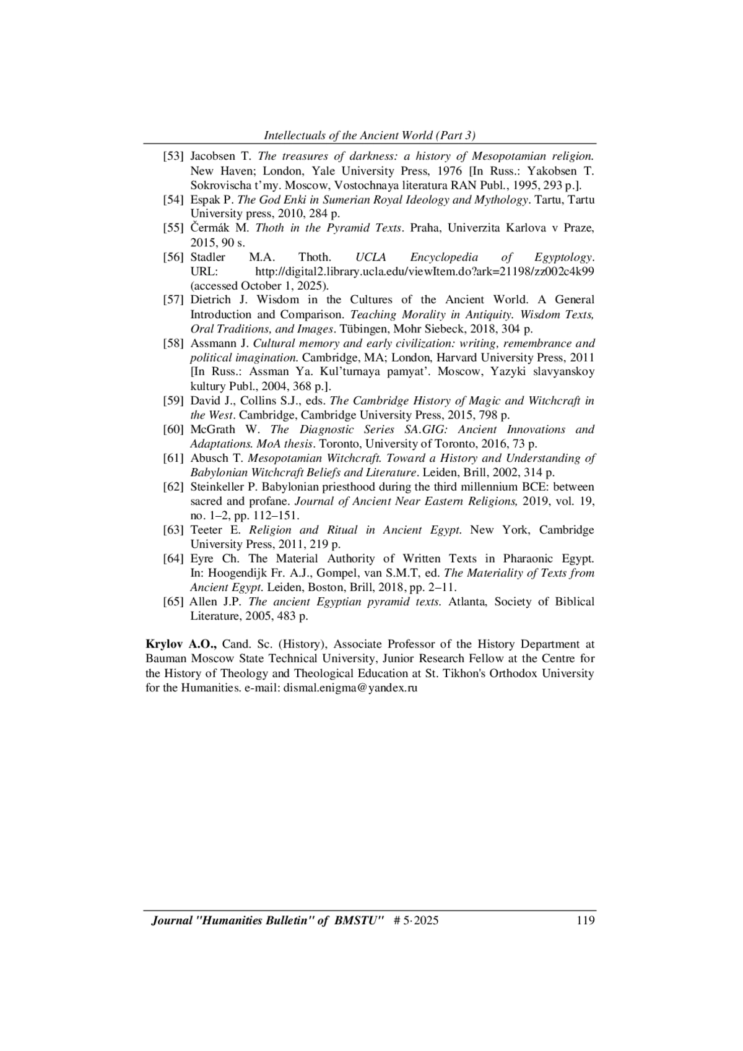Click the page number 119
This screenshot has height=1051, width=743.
point(584,920)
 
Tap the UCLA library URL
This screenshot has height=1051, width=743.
point(425,271)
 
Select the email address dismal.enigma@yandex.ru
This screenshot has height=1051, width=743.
point(350,688)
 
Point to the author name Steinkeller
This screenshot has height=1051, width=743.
point(217,487)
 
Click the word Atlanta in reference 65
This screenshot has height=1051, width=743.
point(467,602)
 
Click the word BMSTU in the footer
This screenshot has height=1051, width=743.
point(355,920)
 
